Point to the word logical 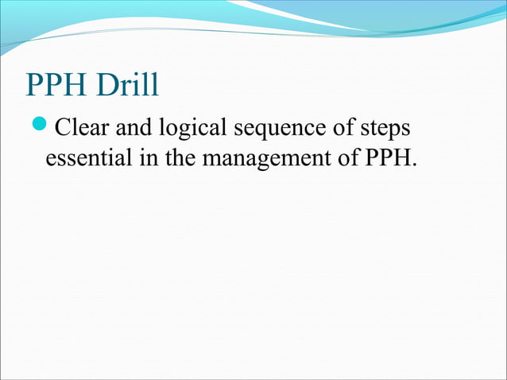pos(191,129)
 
